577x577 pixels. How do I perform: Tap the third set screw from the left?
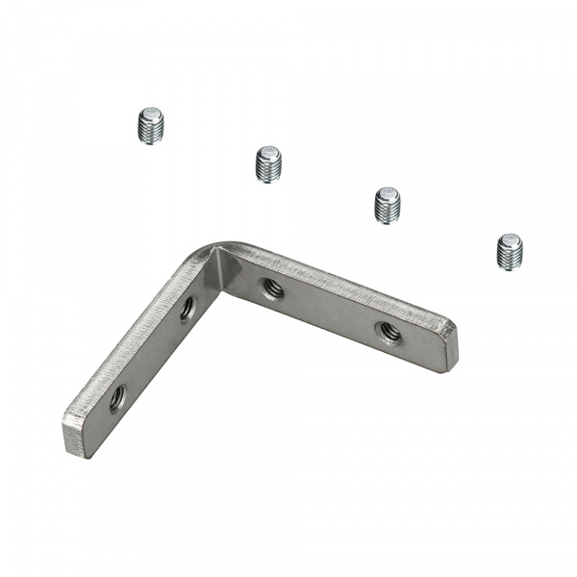click(388, 205)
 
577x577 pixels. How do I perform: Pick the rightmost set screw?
click(510, 252)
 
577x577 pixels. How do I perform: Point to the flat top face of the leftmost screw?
click(150, 115)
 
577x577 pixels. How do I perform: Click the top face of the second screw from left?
click(269, 153)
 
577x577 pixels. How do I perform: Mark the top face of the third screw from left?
click(389, 194)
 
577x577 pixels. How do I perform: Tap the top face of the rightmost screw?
click(511, 240)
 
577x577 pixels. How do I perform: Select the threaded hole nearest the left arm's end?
click(116, 396)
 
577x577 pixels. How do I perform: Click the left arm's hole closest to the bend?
click(187, 308)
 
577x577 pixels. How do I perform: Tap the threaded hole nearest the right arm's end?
click(389, 332)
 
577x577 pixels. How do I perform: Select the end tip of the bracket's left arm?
click(75, 433)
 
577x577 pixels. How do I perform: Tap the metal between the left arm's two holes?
click(152, 351)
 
